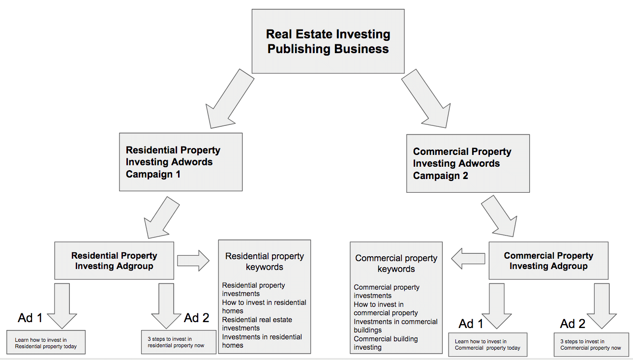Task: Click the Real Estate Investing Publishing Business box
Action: pos(328,41)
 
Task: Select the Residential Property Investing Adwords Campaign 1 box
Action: pos(181,162)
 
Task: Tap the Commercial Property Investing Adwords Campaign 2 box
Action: pos(468,163)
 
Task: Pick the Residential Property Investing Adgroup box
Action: pos(114,261)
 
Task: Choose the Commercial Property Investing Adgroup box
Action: pos(548,261)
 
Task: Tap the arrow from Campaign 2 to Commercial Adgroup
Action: pos(499,216)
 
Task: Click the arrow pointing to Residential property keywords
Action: pos(193,260)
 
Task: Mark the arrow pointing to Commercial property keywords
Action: pos(468,258)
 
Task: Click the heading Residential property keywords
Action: pos(265,262)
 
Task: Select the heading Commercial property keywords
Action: pos(396,263)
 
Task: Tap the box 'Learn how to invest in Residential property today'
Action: pos(46,343)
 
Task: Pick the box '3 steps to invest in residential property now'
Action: pos(179,342)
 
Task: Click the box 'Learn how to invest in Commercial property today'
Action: pos(487,345)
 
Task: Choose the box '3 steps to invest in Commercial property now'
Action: pos(590,344)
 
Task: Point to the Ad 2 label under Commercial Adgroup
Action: pos(573,324)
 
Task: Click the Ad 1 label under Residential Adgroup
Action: pos(30,318)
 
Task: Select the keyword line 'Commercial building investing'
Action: pos(386,343)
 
